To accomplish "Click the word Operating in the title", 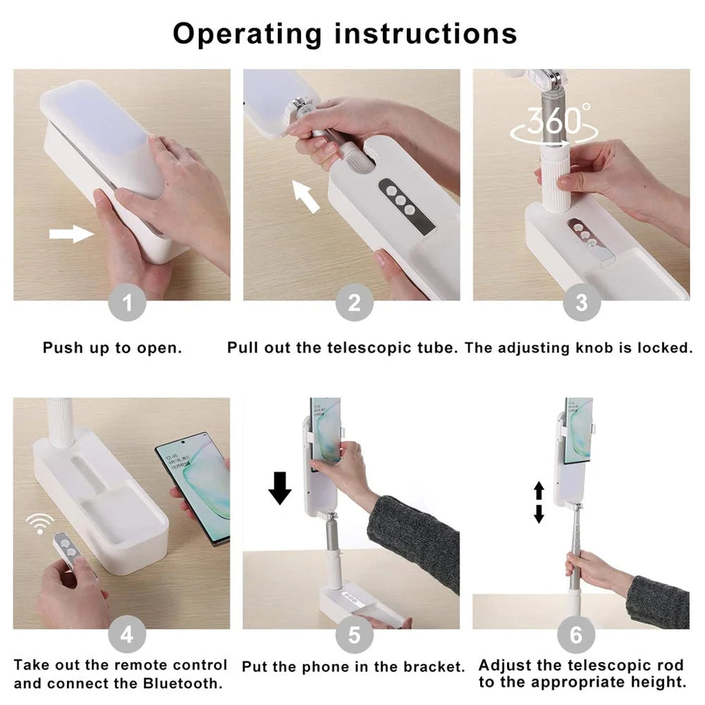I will pos(247,33).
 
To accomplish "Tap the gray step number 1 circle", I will pos(127,303).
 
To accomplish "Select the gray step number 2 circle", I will pos(354,303).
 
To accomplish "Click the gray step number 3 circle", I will pos(581,303).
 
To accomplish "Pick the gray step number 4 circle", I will pos(127,634).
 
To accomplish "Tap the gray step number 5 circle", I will pos(354,634).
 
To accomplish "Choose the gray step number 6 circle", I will pos(576,634).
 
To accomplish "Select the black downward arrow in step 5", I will pos(280,487).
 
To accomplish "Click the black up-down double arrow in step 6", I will pos(539,502).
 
